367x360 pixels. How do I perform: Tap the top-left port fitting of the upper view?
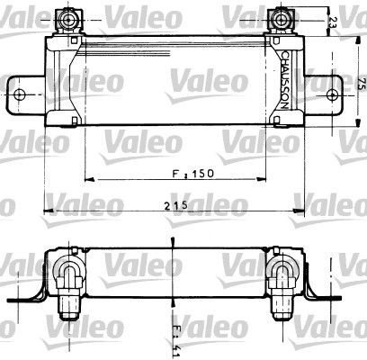[x=67, y=18]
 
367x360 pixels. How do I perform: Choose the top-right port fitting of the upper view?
[x=281, y=18]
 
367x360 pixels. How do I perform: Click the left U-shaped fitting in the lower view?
[x=68, y=272]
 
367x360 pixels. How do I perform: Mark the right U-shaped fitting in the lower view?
[x=283, y=272]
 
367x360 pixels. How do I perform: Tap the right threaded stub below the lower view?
[x=284, y=309]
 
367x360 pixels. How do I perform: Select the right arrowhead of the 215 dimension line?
[x=303, y=212]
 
